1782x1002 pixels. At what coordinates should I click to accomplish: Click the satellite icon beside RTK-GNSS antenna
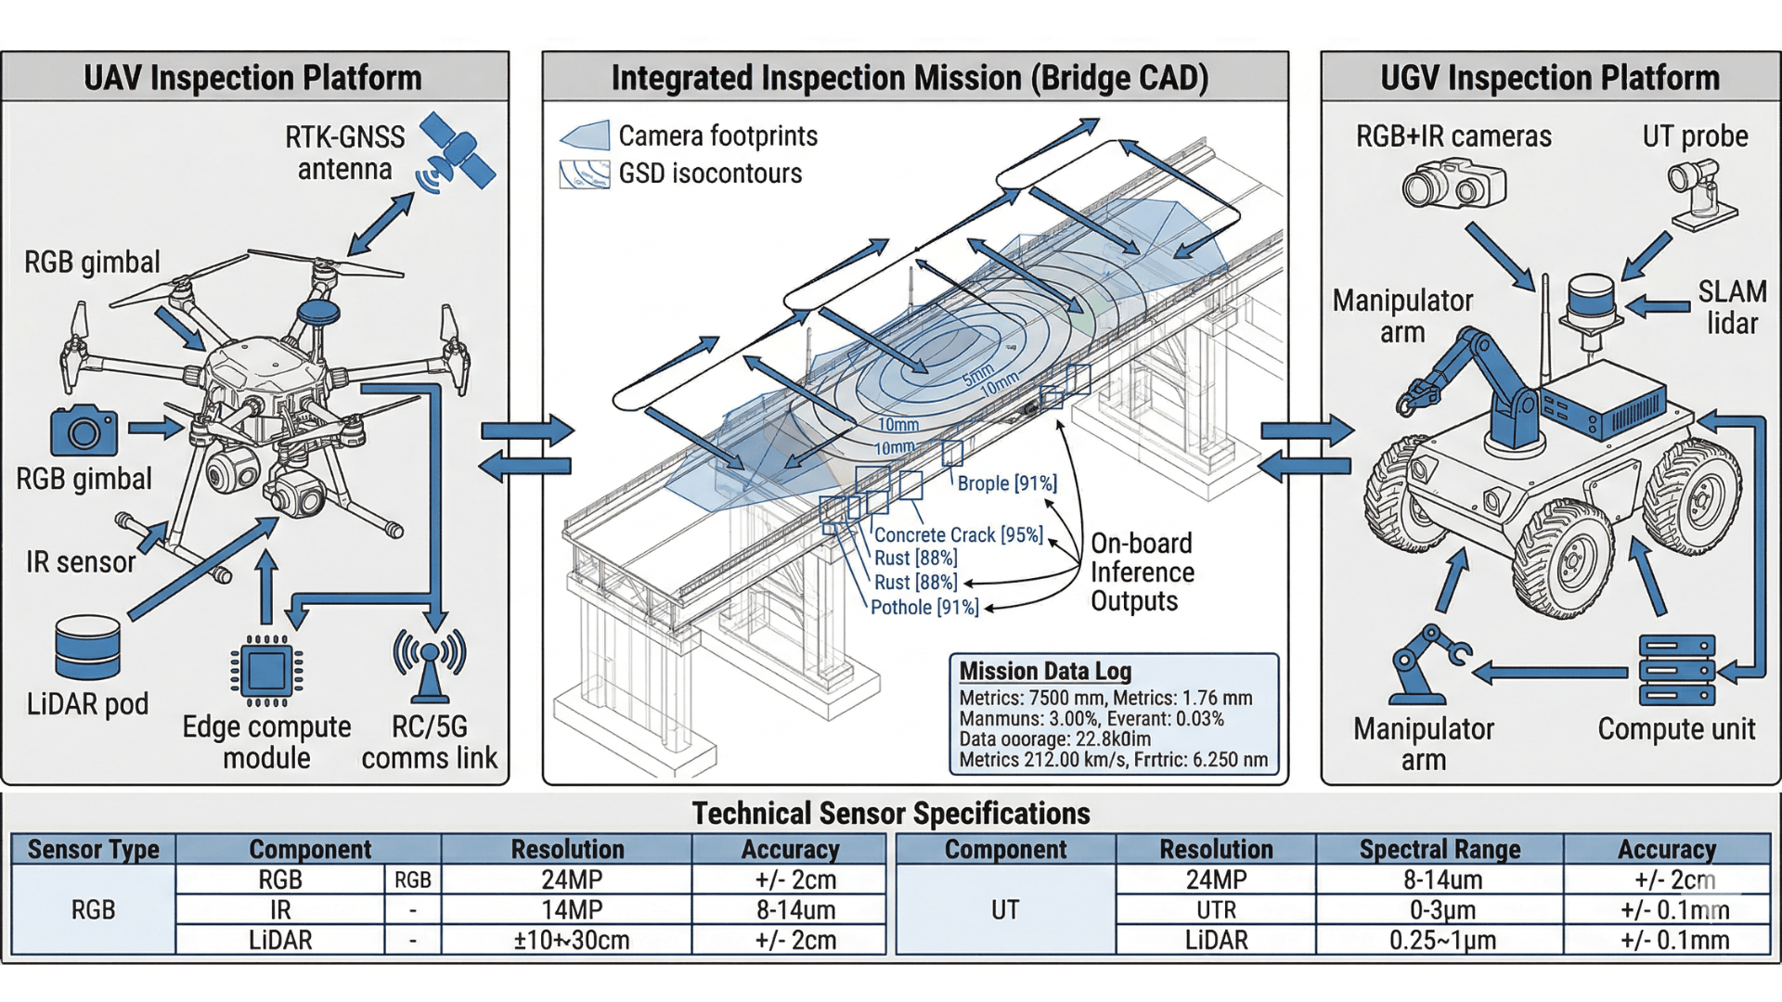pyautogui.click(x=457, y=151)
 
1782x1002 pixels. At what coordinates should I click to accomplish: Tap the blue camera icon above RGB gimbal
pyautogui.click(x=84, y=431)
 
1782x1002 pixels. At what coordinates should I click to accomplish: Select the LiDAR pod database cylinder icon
pyautogui.click(x=87, y=648)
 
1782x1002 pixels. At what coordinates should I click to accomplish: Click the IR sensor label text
pyautogui.click(x=81, y=562)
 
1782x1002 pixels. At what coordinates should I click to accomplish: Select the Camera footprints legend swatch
pyautogui.click(x=585, y=136)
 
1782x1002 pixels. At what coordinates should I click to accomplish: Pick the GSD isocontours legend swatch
pyautogui.click(x=585, y=174)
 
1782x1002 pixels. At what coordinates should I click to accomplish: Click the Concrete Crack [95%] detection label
pyautogui.click(x=958, y=535)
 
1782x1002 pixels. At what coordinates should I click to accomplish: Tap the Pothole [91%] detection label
pyautogui.click(x=924, y=608)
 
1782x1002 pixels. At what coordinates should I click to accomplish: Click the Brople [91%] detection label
pyautogui.click(x=1007, y=483)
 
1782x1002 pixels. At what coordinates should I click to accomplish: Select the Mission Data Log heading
pyautogui.click(x=1045, y=671)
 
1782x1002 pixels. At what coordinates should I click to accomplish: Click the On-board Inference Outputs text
pyautogui.click(x=1142, y=572)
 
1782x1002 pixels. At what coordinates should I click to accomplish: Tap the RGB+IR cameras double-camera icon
pyautogui.click(x=1453, y=184)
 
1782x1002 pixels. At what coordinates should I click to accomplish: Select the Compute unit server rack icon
pyautogui.click(x=1676, y=671)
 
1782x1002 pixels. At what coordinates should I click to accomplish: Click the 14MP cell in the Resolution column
pyautogui.click(x=572, y=910)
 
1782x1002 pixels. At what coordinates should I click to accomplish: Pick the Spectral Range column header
pyautogui.click(x=1440, y=849)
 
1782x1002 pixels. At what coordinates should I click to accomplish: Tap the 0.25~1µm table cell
pyautogui.click(x=1442, y=941)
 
